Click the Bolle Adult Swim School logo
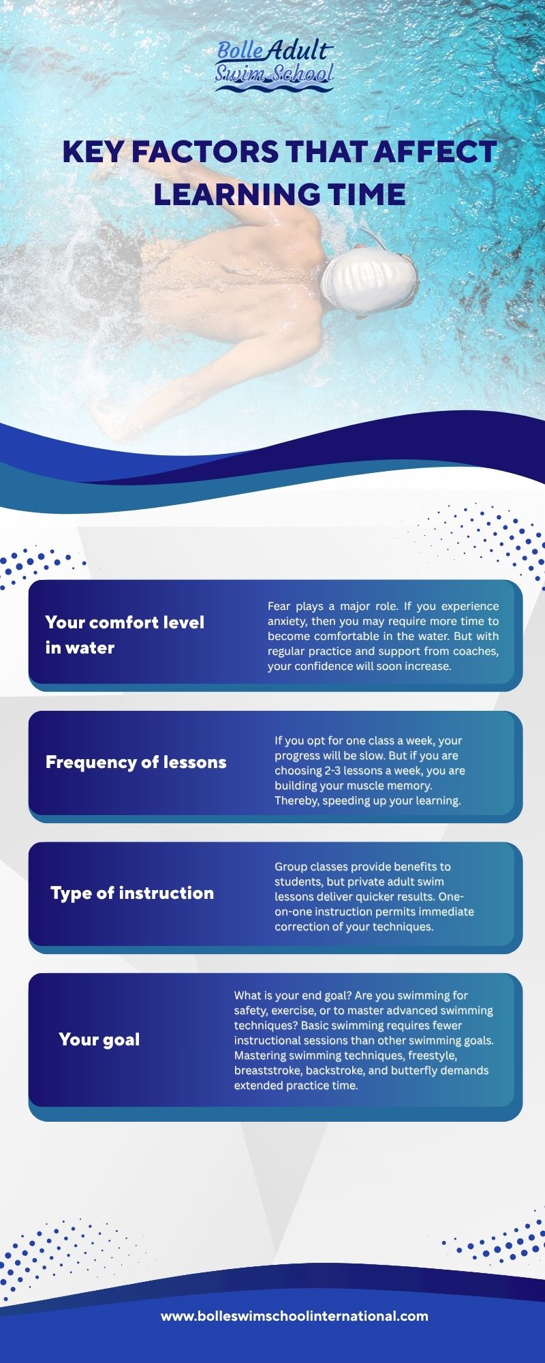[275, 65]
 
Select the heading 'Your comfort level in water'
[125, 634]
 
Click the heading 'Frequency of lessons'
[136, 762]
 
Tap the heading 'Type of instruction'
[132, 893]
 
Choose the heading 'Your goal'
[99, 1039]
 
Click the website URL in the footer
[294, 1316]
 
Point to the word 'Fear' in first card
[279, 606]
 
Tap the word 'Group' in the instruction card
[291, 867]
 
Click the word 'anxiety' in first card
[287, 622]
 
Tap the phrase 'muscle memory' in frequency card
[388, 785]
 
